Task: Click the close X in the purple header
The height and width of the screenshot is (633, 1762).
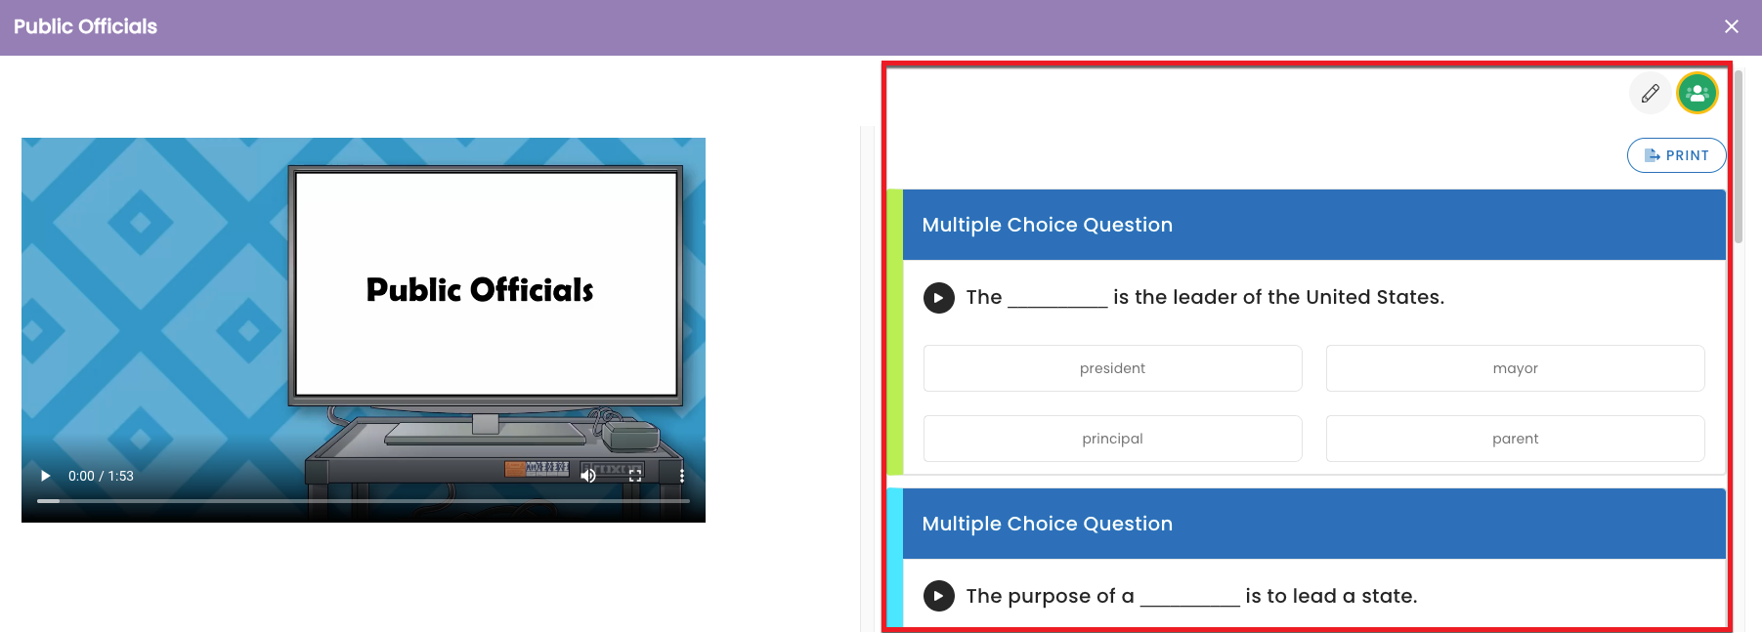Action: pyautogui.click(x=1732, y=26)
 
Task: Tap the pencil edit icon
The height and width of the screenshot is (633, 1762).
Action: pyautogui.click(x=1651, y=94)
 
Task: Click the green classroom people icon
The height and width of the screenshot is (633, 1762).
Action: pyautogui.click(x=1698, y=94)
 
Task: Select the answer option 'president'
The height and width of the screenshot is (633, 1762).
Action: pyautogui.click(x=1112, y=368)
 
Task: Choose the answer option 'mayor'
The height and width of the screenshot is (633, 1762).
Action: pyautogui.click(x=1515, y=368)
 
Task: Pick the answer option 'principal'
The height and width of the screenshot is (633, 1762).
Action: pyautogui.click(x=1112, y=439)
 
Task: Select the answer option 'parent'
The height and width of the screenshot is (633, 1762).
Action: pyautogui.click(x=1515, y=439)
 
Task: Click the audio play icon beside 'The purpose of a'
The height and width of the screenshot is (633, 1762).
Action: pyautogui.click(x=939, y=596)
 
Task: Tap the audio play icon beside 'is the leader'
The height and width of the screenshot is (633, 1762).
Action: pyautogui.click(x=939, y=298)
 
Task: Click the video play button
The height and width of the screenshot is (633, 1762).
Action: pyautogui.click(x=45, y=476)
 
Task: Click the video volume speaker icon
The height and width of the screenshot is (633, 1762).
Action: pyautogui.click(x=588, y=476)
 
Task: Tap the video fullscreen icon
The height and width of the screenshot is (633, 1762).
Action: pyautogui.click(x=635, y=476)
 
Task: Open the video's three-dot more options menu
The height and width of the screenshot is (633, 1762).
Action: pyautogui.click(x=682, y=476)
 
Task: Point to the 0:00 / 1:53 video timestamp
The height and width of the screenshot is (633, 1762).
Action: pyautogui.click(x=101, y=476)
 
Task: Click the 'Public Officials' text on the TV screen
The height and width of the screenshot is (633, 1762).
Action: pyautogui.click(x=480, y=290)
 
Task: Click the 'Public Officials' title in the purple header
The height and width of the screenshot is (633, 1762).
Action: pyautogui.click(x=85, y=26)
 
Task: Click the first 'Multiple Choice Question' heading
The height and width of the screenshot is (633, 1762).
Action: pyautogui.click(x=1048, y=225)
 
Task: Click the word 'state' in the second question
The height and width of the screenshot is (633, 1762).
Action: pyautogui.click(x=1387, y=596)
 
